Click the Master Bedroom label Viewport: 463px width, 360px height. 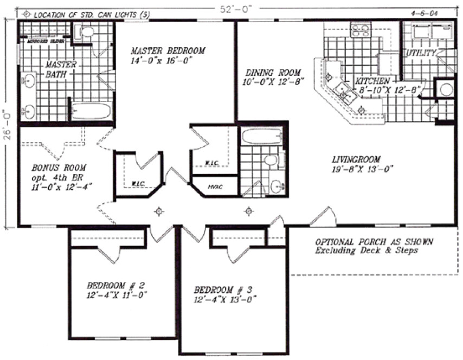click(168, 51)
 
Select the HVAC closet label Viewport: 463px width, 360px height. click(214, 187)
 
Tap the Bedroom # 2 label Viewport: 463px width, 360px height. click(115, 285)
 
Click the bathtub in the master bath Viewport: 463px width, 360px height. click(91, 112)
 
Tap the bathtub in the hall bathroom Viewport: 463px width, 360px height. click(261, 137)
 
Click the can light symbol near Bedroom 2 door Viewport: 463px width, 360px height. click(159, 210)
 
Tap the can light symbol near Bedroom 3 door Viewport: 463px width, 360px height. click(249, 210)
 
